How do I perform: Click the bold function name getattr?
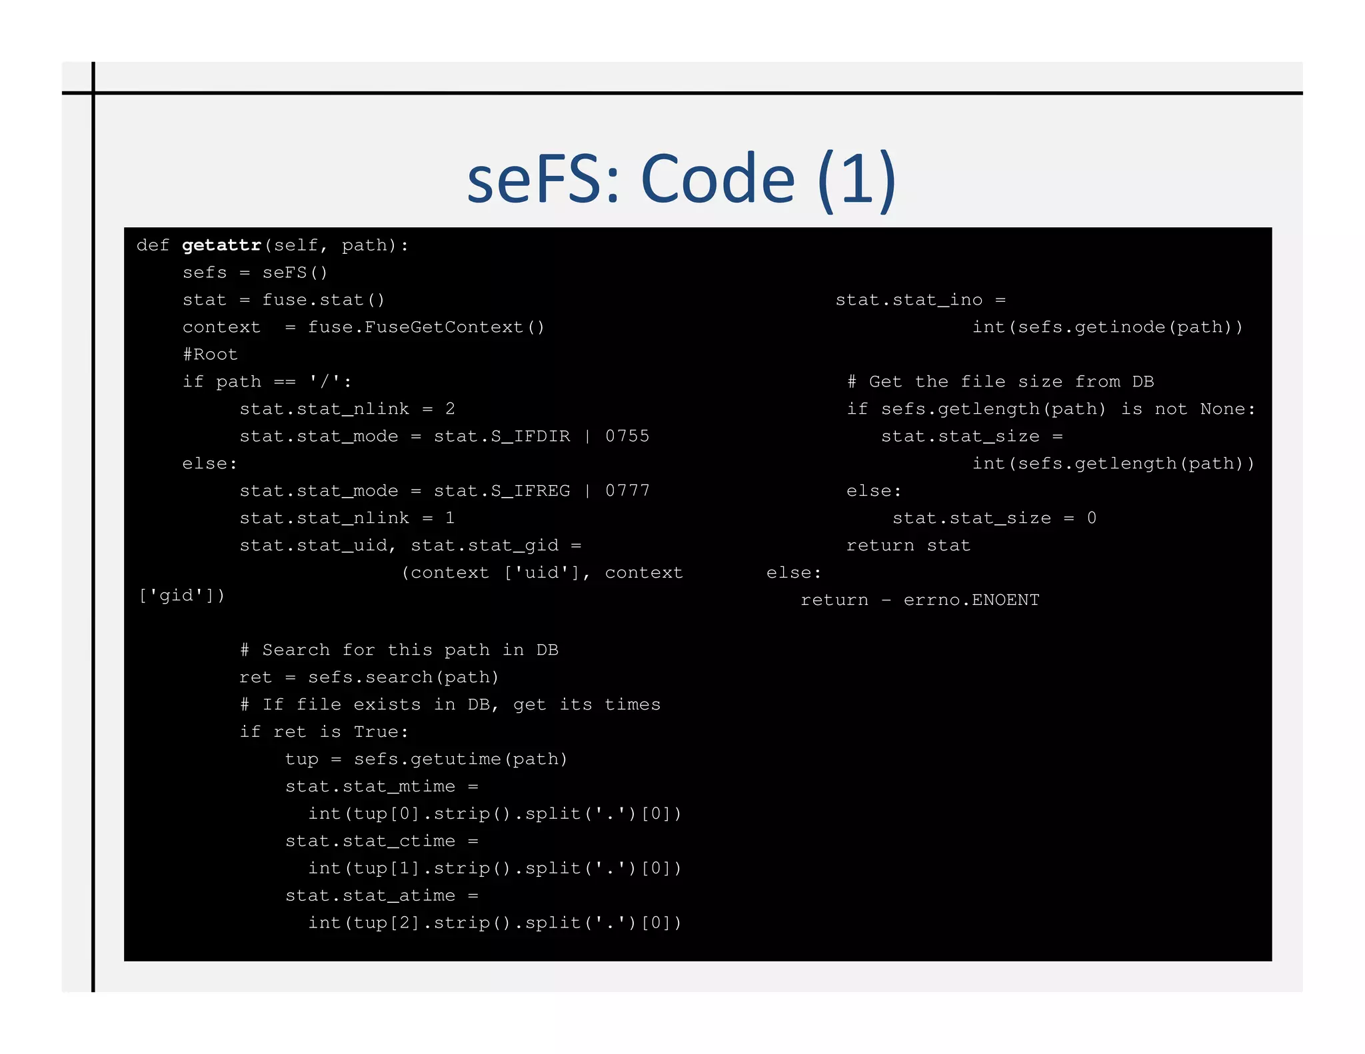pyautogui.click(x=221, y=246)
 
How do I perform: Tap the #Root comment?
pyautogui.click(x=210, y=354)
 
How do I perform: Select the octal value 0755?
pyautogui.click(x=627, y=436)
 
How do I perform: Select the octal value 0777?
pyautogui.click(x=627, y=491)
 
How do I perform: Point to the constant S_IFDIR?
pyautogui.click(x=530, y=436)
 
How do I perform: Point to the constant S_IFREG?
pyautogui.click(x=530, y=491)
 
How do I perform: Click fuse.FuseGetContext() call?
pyautogui.click(x=426, y=327)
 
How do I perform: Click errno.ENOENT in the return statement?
pyautogui.click(x=971, y=600)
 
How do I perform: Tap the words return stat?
pyautogui.click(x=908, y=546)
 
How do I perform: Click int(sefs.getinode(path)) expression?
pyautogui.click(x=1107, y=327)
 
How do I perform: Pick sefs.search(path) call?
pyautogui.click(x=403, y=678)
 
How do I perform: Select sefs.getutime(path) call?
pyautogui.click(x=460, y=760)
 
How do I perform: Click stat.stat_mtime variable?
pyautogui.click(x=371, y=787)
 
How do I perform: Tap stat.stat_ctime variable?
pyautogui.click(x=371, y=841)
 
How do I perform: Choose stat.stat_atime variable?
pyautogui.click(x=371, y=896)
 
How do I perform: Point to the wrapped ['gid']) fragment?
pyautogui.click(x=182, y=595)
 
